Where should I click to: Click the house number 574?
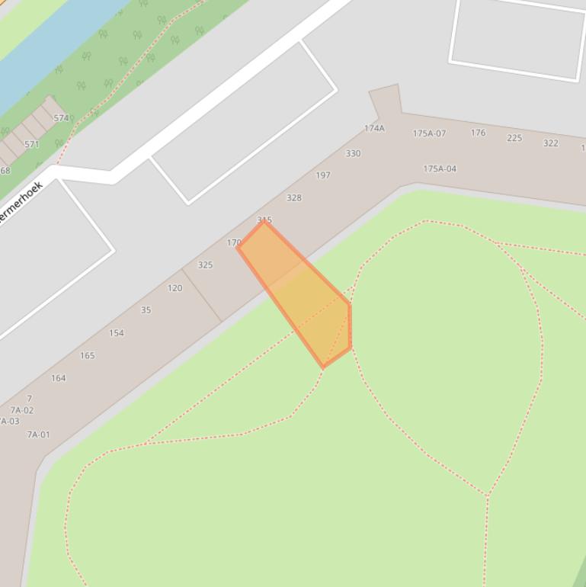click(x=62, y=118)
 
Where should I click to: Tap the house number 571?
click(x=31, y=144)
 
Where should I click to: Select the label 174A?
click(x=374, y=128)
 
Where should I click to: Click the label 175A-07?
click(x=429, y=133)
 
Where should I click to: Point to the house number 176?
click(x=478, y=133)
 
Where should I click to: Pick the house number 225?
click(x=514, y=138)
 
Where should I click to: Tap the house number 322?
click(x=550, y=143)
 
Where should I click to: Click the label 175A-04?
click(x=440, y=168)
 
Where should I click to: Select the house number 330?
click(x=353, y=153)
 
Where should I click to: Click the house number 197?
click(x=323, y=175)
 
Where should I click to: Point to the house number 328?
click(x=293, y=197)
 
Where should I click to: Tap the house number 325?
click(x=205, y=265)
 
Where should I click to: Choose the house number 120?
click(x=175, y=288)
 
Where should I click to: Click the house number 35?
click(x=146, y=310)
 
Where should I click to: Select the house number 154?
click(x=116, y=333)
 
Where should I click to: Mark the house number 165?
click(x=87, y=355)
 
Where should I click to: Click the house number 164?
click(x=58, y=378)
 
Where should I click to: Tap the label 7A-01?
click(x=38, y=435)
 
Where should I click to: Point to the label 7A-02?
click(x=21, y=410)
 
